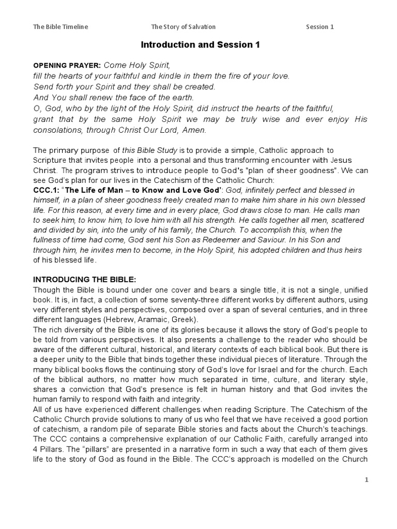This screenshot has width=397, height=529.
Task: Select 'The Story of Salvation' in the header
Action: click(x=183, y=27)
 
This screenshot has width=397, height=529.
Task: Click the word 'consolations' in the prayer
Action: click(x=57, y=130)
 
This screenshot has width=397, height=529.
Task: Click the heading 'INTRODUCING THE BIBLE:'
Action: click(x=84, y=279)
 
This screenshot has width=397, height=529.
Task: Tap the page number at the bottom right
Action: click(x=366, y=480)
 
